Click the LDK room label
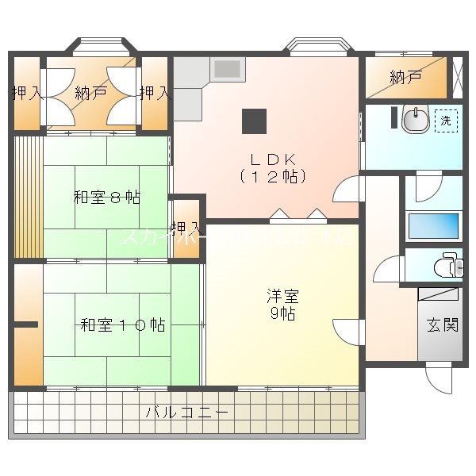point(274,167)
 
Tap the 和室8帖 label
point(107,198)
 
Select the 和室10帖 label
point(123,324)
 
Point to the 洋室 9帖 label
point(282,305)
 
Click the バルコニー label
point(187,413)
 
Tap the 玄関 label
point(442,324)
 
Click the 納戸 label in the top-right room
point(405,79)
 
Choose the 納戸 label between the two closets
point(90,93)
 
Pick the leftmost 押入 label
point(27,93)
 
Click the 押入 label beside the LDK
point(187,228)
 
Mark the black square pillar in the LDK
point(254,121)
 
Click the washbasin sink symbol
point(415,120)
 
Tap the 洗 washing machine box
point(446,121)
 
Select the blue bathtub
point(432,225)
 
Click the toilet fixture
point(448,265)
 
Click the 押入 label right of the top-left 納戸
point(155,93)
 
